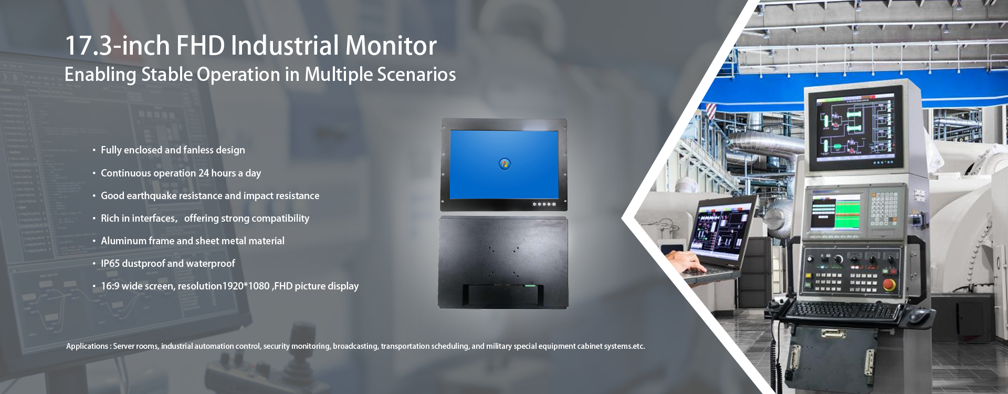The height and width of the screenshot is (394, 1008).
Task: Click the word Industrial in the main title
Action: [x=285, y=46]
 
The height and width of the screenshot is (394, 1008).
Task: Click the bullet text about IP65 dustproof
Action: [x=167, y=264]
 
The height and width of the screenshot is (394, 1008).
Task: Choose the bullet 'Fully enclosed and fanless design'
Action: [x=173, y=150]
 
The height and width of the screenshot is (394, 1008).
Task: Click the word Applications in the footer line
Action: [x=87, y=346]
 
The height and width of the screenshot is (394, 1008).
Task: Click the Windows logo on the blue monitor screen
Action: [x=505, y=164]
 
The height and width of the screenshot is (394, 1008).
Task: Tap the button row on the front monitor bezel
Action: [x=544, y=204]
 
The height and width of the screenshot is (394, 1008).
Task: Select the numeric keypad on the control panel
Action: [x=885, y=207]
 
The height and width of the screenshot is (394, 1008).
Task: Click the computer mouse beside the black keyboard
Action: [x=918, y=315]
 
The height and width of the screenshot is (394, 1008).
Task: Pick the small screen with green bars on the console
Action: [x=836, y=211]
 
